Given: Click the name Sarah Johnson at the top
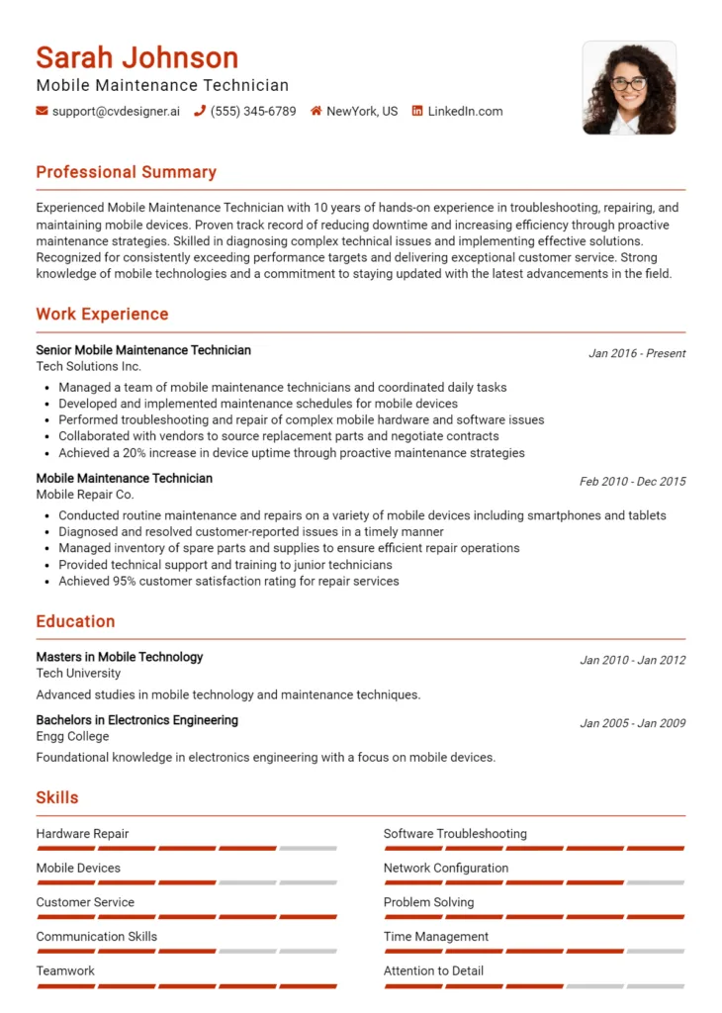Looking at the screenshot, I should (136, 57).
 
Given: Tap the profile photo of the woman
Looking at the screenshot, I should (629, 87).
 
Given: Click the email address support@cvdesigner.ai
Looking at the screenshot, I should (116, 111).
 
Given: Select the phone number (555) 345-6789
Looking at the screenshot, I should (253, 111).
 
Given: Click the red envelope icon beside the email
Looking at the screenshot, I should (42, 111).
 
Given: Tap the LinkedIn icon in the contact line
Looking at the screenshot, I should (417, 111).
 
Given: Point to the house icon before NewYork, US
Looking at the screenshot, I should (316, 111).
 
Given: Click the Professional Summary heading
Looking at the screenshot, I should (126, 172).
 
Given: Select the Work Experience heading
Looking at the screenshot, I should (102, 315).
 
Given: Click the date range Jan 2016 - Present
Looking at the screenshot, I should (637, 353).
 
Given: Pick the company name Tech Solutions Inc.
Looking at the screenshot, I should (88, 366).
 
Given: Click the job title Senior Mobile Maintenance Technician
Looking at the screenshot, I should (143, 350).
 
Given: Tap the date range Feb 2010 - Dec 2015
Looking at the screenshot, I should (632, 482).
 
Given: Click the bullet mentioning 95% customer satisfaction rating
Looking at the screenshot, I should (228, 581).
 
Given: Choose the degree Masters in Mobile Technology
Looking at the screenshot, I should (120, 657).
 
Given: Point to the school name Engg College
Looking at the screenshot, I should (72, 736).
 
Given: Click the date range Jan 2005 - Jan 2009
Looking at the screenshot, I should (632, 723).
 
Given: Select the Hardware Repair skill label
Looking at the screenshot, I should (82, 834).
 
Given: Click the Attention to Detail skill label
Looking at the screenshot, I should (433, 970).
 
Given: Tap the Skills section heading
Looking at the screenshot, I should (57, 797).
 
